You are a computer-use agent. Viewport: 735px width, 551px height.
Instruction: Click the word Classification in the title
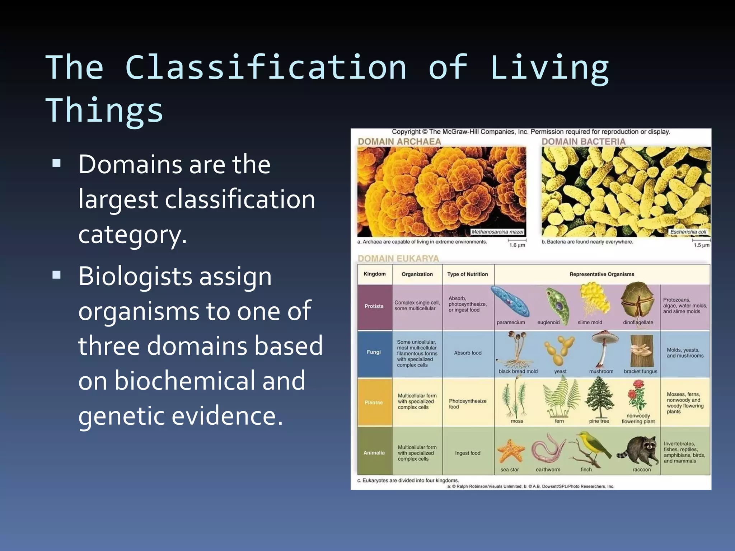266,67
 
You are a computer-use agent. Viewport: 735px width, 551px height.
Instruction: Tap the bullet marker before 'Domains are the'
56,164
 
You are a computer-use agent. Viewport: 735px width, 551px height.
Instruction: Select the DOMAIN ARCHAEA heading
399,142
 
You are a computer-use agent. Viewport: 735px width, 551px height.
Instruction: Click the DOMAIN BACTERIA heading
583,142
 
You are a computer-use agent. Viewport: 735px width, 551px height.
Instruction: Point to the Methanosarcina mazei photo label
497,232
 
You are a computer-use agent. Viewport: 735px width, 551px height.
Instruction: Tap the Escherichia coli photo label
688,232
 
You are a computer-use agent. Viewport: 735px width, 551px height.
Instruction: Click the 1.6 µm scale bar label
517,245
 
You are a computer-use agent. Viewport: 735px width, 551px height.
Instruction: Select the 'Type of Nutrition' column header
467,274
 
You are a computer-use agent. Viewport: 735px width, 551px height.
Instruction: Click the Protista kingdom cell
374,306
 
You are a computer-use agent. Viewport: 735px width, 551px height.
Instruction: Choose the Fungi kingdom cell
374,352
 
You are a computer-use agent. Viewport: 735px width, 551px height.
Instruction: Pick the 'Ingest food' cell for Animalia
467,453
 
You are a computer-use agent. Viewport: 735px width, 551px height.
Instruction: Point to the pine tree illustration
599,397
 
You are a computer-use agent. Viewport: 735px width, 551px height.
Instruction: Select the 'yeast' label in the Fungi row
560,372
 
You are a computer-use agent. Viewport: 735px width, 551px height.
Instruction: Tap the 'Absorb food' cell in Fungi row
467,353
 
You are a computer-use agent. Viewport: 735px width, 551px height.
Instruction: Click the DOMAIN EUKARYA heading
398,259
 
